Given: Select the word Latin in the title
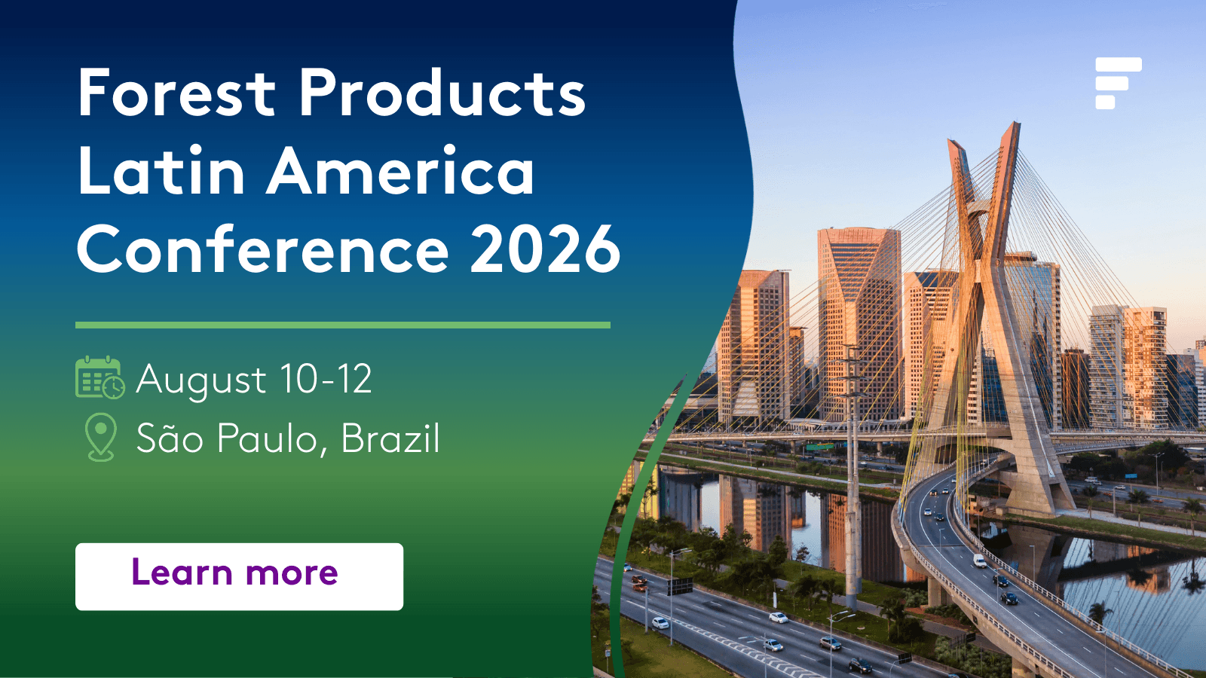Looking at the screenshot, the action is [161, 170].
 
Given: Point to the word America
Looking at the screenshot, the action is [400, 170].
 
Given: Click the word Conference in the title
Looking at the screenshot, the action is [263, 249].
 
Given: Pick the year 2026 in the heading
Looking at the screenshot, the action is [546, 249].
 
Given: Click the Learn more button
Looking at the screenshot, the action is [239, 576].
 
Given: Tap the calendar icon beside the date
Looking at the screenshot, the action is [100, 377].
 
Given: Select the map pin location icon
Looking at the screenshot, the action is [101, 437].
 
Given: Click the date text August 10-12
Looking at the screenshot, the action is [253, 380].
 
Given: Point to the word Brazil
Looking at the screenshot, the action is [390, 438].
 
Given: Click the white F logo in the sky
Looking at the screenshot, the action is [1119, 84].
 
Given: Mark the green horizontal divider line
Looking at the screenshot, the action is [343, 325].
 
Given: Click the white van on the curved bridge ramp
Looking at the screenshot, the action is [979, 560].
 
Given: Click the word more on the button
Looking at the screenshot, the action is [291, 573].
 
